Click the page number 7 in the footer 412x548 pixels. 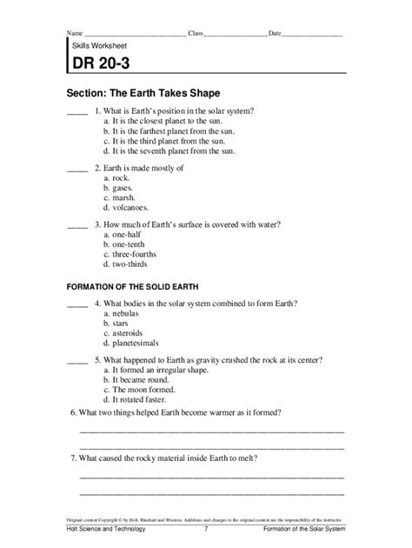206,529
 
